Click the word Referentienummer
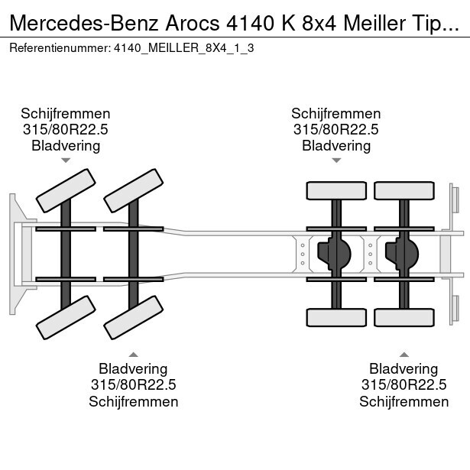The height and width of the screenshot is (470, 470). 59,48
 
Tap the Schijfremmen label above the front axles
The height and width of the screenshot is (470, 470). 66,114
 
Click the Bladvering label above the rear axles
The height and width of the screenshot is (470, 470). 336,145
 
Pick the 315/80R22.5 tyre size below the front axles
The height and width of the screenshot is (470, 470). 134,385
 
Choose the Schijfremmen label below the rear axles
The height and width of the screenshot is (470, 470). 404,401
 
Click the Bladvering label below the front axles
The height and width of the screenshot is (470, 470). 134,369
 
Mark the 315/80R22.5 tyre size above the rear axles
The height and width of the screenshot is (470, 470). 336,130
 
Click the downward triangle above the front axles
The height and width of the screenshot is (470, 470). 66,160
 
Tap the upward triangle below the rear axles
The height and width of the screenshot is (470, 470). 404,354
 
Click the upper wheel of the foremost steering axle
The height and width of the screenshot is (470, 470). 66,190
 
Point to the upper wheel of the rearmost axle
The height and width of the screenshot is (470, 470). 404,191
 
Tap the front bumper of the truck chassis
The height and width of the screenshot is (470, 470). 15,254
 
